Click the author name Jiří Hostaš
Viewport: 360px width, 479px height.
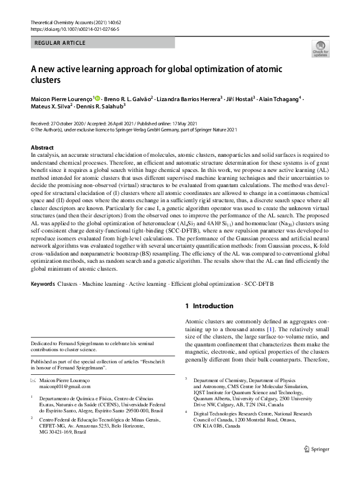[x=244, y=98]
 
